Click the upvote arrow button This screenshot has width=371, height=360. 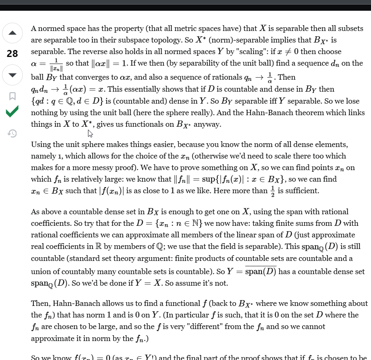12,33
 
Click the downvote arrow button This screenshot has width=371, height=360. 12,75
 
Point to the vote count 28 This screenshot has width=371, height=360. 12,54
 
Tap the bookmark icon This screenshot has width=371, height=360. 12,96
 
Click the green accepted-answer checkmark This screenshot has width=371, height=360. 12,112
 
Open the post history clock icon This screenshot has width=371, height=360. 12,133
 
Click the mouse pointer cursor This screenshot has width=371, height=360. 90,133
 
